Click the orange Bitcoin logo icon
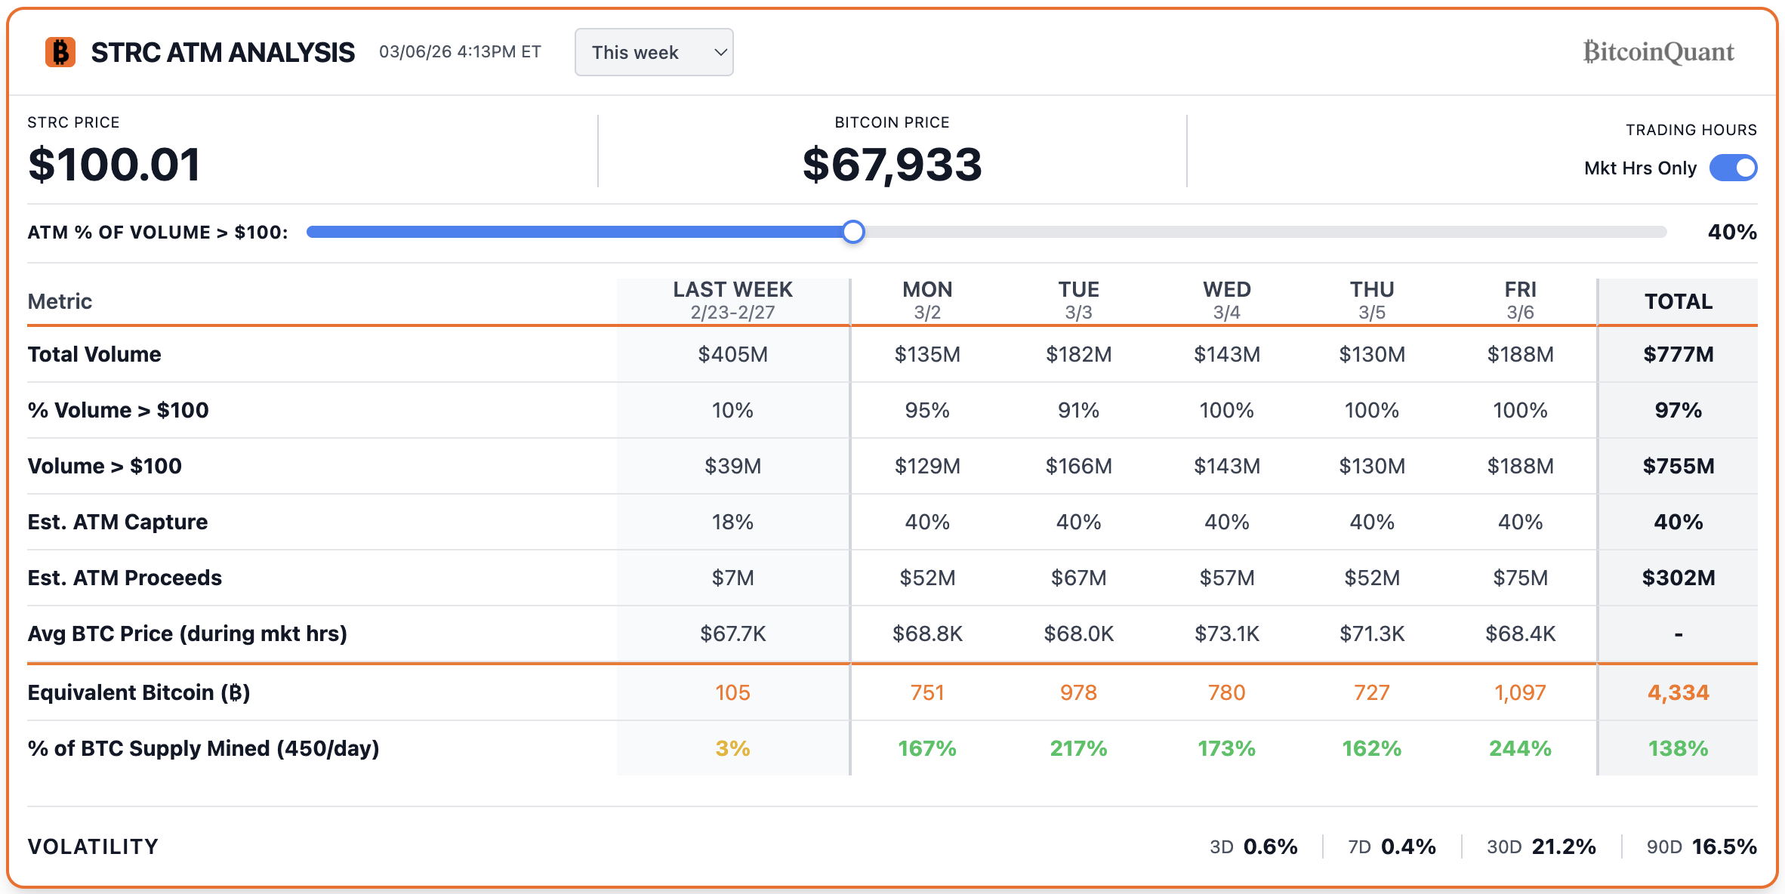[60, 52]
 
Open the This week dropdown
[653, 52]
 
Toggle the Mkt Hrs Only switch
[1733, 168]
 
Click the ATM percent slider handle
[853, 232]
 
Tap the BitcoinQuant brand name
[1658, 51]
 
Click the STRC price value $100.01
[114, 165]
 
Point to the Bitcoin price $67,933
[892, 165]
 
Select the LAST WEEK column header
[732, 300]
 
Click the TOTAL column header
[1678, 301]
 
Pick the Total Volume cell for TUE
[1078, 354]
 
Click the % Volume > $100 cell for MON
[927, 410]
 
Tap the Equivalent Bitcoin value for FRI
[1520, 692]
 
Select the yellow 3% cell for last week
[732, 748]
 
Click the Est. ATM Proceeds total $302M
[1678, 578]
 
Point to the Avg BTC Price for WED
[1226, 634]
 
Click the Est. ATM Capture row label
[118, 522]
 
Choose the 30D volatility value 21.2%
[1563, 846]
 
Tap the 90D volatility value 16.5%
[1724, 846]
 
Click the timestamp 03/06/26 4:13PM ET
[460, 51]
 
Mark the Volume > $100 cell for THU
[1372, 466]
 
